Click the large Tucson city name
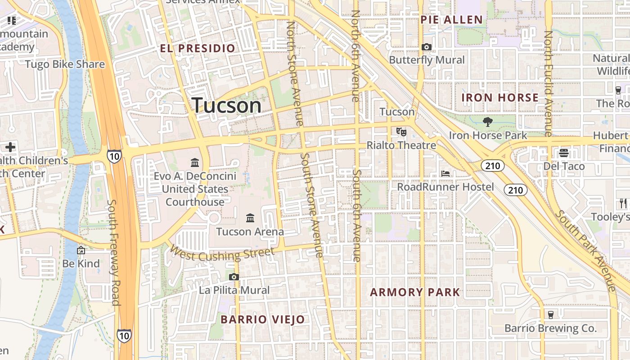(x=226, y=105)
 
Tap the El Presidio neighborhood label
(x=198, y=48)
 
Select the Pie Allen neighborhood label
(x=451, y=20)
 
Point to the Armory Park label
(x=415, y=292)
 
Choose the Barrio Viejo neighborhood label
(x=263, y=319)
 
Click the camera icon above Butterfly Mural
(x=427, y=47)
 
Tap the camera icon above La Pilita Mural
(x=234, y=277)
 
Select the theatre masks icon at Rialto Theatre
(x=401, y=132)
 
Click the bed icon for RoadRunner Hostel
(x=445, y=174)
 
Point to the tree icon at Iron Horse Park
(x=487, y=121)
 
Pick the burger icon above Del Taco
(x=564, y=153)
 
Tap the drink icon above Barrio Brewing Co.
(x=550, y=315)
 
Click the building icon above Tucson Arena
(x=250, y=219)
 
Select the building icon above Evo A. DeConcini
(x=195, y=162)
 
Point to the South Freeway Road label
(x=114, y=252)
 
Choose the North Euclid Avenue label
(x=548, y=83)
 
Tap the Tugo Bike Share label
(x=65, y=64)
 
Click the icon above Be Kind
(x=81, y=250)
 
